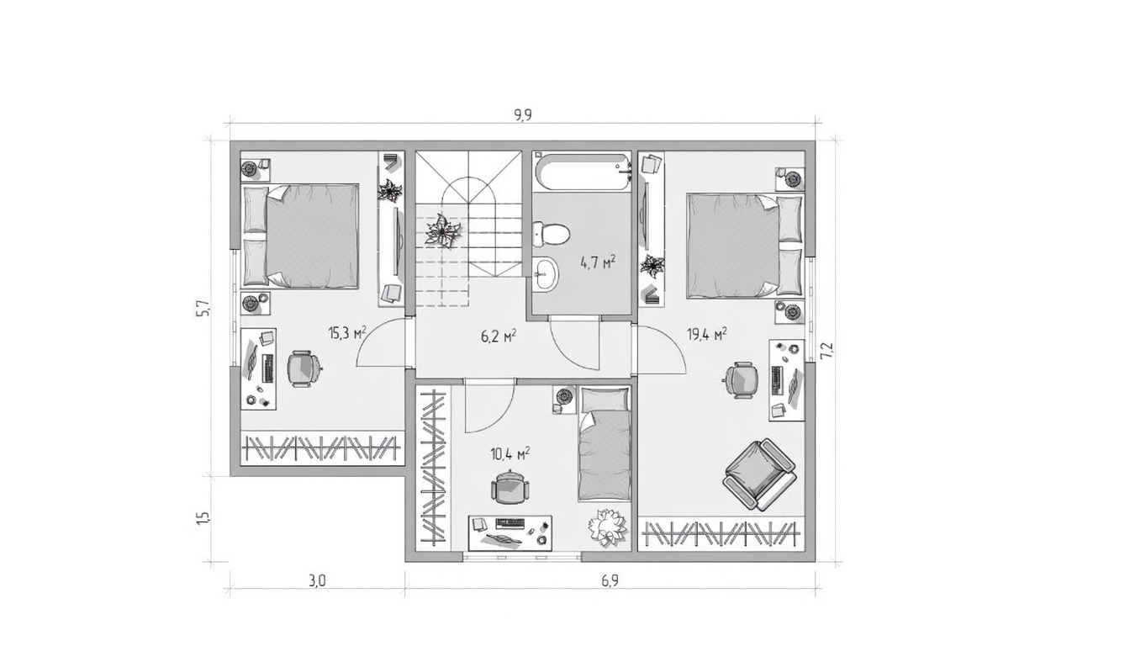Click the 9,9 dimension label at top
(523, 115)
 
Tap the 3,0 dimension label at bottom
(317, 581)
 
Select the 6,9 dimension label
(610, 581)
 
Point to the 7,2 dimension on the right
(826, 350)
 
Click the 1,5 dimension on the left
(203, 518)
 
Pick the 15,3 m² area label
(347, 332)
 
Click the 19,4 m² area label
(707, 334)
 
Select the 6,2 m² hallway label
(499, 336)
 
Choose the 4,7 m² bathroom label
(599, 262)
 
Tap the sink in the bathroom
(547, 273)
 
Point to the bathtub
(582, 172)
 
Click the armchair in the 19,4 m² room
(759, 475)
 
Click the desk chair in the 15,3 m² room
(304, 369)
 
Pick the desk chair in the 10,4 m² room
(510, 488)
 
